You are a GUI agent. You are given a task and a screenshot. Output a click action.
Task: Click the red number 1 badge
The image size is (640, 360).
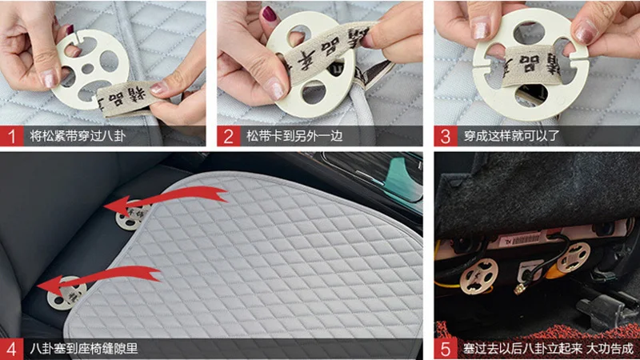(x=11, y=135)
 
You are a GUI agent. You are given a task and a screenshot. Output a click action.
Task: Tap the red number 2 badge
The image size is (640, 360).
(x=228, y=135)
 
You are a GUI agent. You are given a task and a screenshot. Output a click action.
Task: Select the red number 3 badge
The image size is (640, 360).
(x=446, y=135)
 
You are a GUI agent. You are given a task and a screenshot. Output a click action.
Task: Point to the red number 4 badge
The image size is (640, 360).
(x=11, y=349)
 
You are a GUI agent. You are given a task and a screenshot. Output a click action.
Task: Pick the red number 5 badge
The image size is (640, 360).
(x=446, y=349)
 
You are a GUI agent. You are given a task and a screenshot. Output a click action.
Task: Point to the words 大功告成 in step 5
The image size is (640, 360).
(x=608, y=349)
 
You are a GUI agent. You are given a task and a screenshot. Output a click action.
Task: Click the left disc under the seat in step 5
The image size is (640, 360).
(x=480, y=276)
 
